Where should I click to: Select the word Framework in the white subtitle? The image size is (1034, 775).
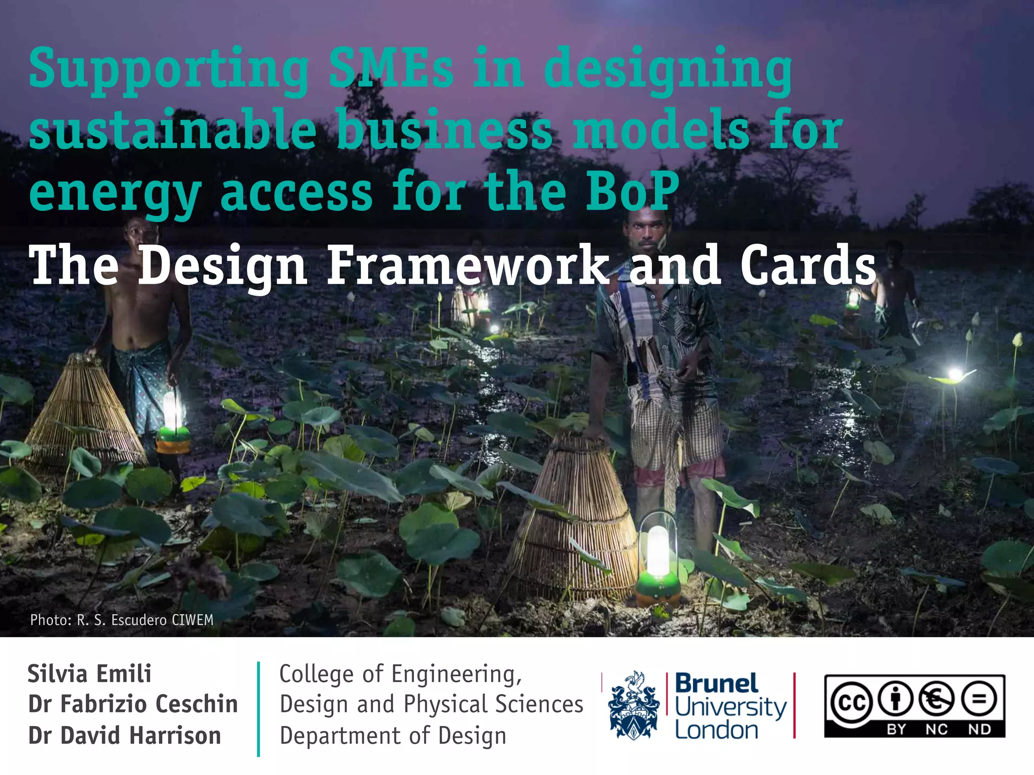coord(468,265)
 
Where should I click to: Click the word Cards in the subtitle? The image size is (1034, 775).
coord(808,265)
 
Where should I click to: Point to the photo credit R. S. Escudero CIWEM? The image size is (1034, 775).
coord(122,620)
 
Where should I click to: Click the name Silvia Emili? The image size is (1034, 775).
coord(89,674)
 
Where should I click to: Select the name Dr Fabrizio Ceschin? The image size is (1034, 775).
coord(133,704)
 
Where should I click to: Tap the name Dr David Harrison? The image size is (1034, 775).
coord(125,736)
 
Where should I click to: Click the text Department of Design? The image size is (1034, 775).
coord(393,736)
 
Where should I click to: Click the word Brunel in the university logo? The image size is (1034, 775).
coord(716,684)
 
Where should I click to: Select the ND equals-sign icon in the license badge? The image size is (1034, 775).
coord(979,699)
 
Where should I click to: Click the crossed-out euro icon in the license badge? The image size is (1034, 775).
coord(937,699)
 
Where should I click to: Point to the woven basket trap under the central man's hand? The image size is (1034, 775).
coord(576,520)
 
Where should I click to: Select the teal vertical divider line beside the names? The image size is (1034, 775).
coord(258,708)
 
